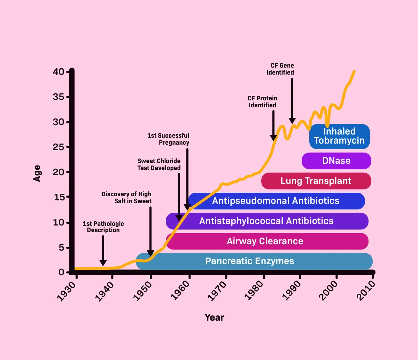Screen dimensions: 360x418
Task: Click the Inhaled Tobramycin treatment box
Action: (x=339, y=136)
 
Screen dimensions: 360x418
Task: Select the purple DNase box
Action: (x=336, y=161)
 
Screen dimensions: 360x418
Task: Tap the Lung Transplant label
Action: (x=316, y=181)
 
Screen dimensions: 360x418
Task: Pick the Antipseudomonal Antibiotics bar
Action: (x=276, y=201)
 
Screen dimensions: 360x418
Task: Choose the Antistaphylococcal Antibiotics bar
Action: (x=266, y=221)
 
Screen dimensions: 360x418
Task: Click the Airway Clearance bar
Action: (x=265, y=241)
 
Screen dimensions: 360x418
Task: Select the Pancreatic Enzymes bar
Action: (x=250, y=261)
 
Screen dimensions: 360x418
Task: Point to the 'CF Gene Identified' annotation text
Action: (x=280, y=69)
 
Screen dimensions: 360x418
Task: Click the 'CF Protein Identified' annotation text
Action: (x=263, y=102)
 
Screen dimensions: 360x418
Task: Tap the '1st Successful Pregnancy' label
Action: (x=169, y=139)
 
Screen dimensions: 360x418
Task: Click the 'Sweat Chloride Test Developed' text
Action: (x=159, y=164)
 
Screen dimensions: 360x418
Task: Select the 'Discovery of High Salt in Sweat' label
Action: (x=127, y=198)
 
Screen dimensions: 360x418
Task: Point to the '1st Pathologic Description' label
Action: (x=103, y=227)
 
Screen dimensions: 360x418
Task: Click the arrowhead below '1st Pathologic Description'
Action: (x=103, y=263)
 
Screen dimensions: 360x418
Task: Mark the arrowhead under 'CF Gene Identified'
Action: (x=292, y=121)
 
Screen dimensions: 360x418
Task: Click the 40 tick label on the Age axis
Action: (x=59, y=72)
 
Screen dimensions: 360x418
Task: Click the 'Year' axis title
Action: (x=214, y=317)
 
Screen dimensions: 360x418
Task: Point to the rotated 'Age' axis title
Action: (x=37, y=173)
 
